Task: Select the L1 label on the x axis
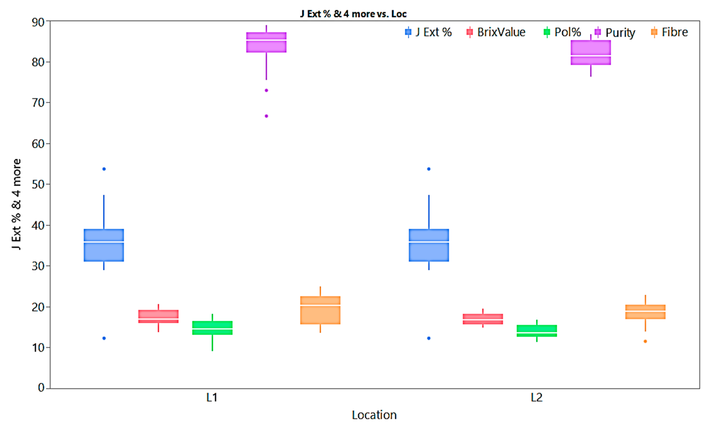(212, 398)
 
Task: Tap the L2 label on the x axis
(537, 398)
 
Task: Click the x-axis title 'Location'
(374, 415)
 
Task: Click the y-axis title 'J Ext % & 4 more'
(17, 204)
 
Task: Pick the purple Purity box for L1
(266, 43)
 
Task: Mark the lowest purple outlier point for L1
(266, 116)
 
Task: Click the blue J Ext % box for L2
(429, 245)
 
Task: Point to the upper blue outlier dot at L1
(104, 169)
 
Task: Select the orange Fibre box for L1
(320, 310)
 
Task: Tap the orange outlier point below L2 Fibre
(645, 341)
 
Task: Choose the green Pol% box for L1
(212, 328)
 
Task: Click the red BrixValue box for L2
(483, 319)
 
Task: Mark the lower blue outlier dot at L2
(429, 338)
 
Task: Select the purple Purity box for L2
(591, 52)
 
